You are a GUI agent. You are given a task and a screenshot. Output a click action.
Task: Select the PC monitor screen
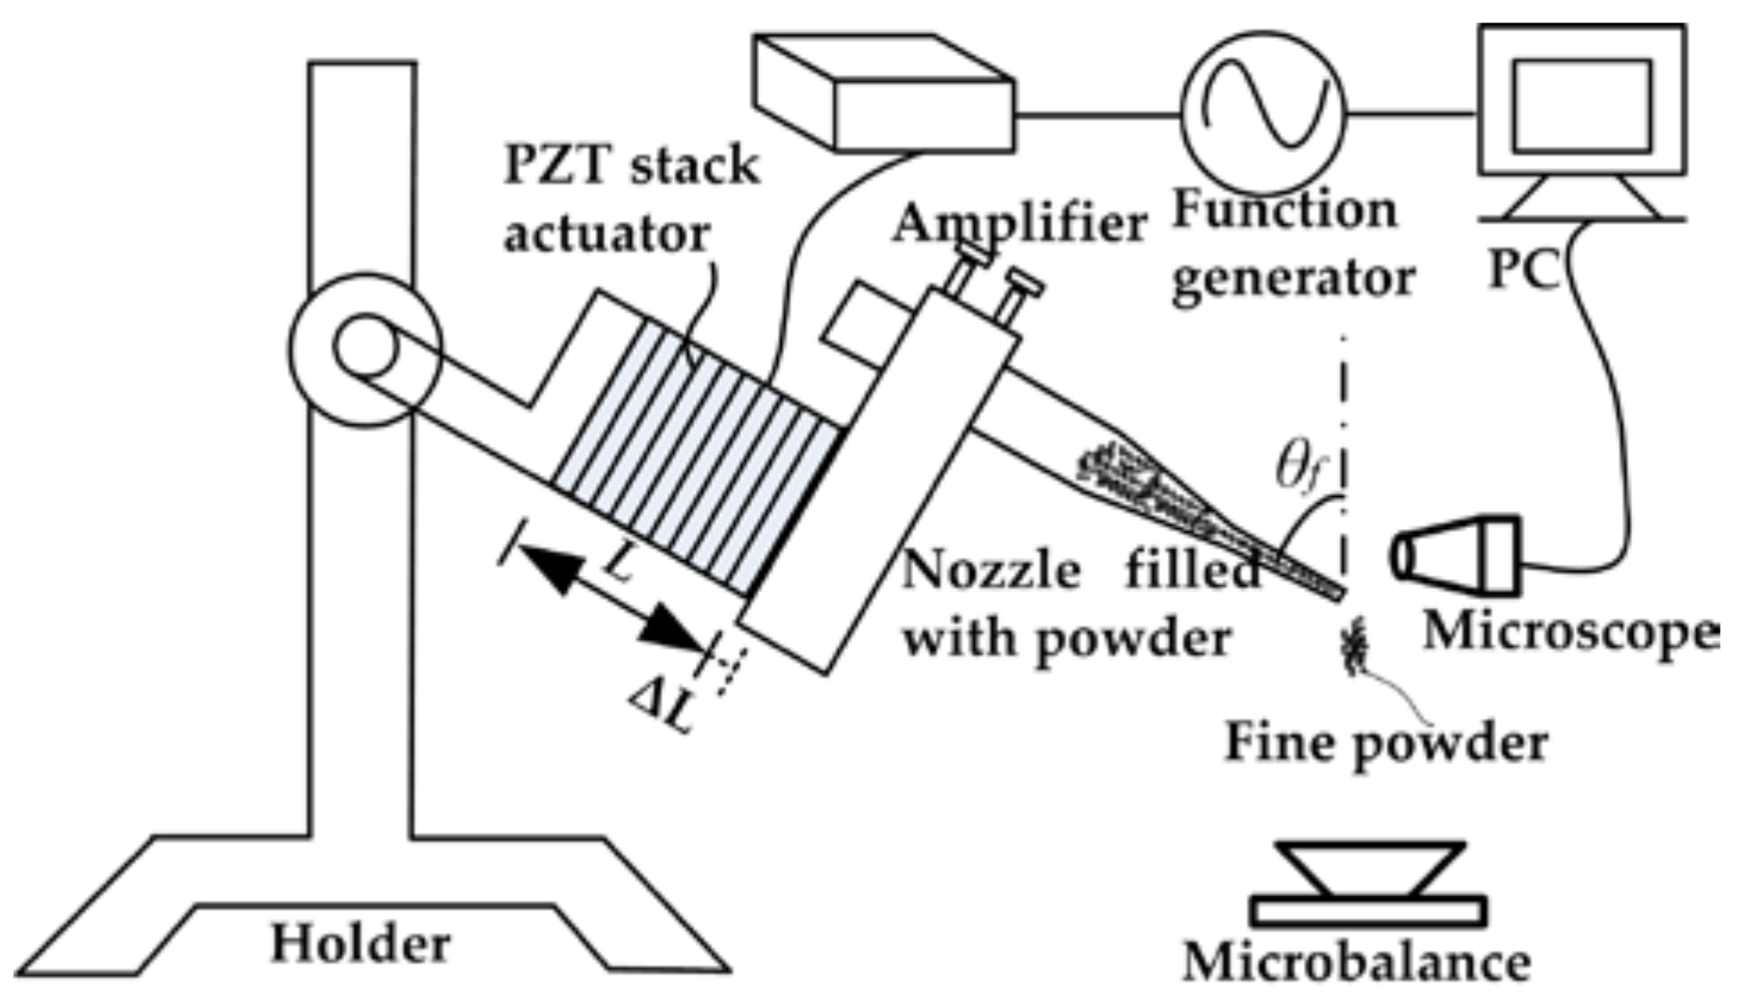(1582, 106)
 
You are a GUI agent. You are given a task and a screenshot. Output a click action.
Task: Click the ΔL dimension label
(661, 705)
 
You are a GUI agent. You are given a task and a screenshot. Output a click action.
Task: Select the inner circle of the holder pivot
(365, 347)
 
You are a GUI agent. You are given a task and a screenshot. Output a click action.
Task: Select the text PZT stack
(631, 166)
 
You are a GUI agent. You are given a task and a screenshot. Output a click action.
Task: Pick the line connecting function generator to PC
(1410, 114)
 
